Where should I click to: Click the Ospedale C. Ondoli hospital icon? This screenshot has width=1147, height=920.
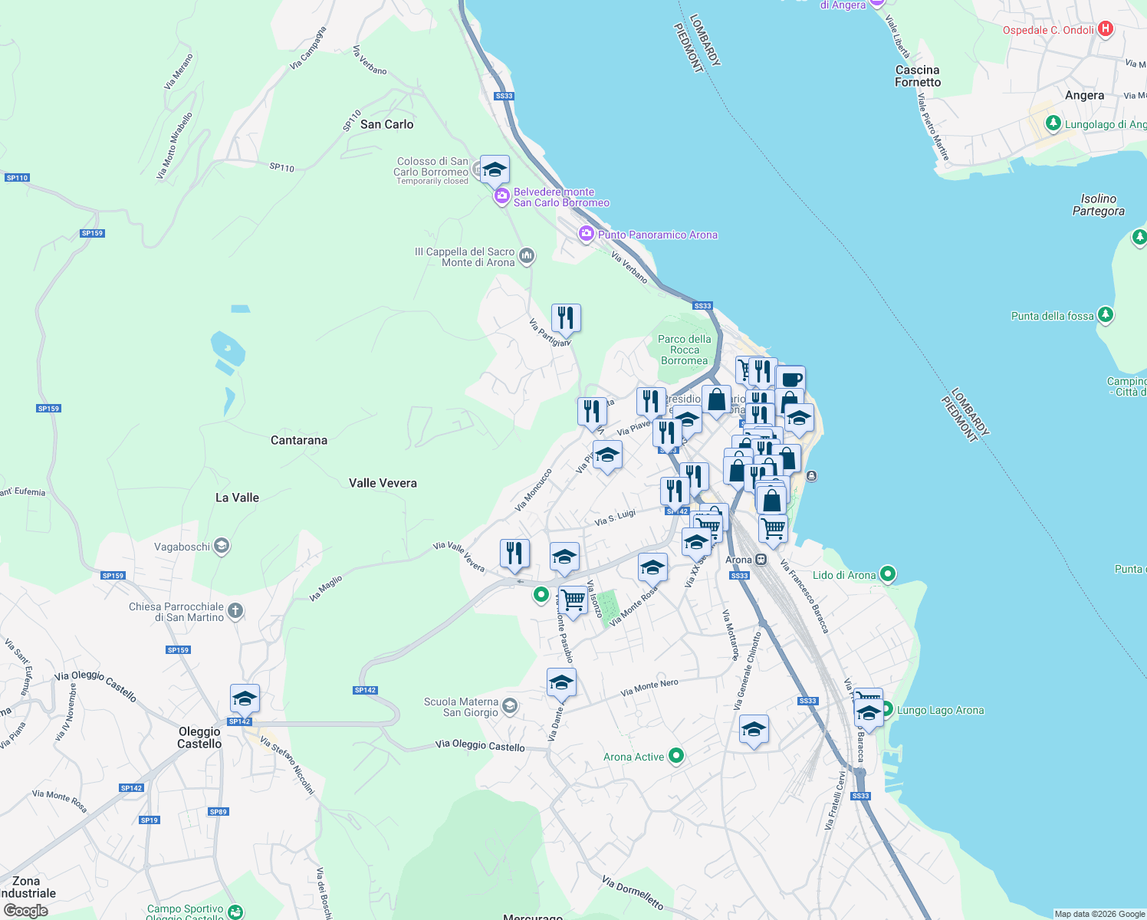click(1105, 29)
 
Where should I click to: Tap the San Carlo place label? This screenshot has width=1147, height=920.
click(386, 124)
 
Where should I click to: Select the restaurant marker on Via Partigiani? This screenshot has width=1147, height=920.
click(566, 317)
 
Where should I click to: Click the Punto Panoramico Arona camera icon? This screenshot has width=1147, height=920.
click(587, 234)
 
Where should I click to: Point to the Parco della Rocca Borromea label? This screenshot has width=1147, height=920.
click(685, 350)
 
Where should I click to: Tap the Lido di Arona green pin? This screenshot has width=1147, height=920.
click(887, 573)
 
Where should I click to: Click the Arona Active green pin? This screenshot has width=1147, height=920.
click(675, 756)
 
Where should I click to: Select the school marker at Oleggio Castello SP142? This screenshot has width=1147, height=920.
click(245, 698)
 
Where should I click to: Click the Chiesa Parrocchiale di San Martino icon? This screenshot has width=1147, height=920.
click(235, 611)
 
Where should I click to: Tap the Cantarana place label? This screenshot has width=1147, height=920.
click(299, 440)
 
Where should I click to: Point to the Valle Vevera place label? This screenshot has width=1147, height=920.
click(383, 483)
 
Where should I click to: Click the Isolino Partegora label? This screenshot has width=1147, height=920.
click(1098, 205)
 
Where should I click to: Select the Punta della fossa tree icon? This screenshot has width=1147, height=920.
click(1105, 314)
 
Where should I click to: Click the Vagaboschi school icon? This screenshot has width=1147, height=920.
click(222, 546)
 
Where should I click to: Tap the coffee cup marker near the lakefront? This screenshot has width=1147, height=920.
click(791, 379)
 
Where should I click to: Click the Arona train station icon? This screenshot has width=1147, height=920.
click(761, 560)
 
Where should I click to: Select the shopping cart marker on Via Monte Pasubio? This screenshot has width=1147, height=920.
click(573, 599)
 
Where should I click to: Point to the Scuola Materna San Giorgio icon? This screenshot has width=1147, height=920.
click(510, 706)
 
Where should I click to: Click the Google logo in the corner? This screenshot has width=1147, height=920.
click(26, 911)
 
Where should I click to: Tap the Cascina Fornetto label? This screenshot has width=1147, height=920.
click(917, 76)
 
